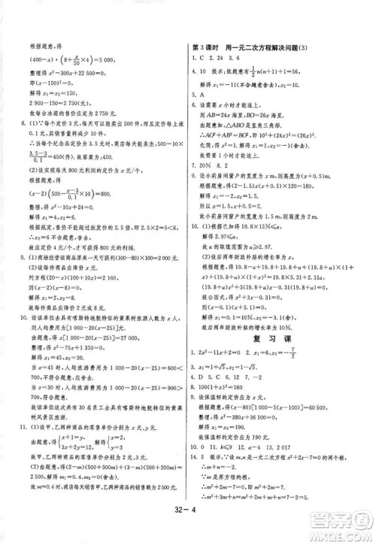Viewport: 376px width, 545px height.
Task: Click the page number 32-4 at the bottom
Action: point(190,528)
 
